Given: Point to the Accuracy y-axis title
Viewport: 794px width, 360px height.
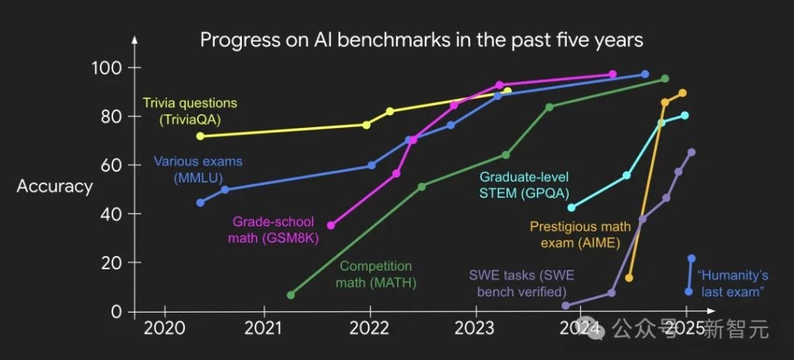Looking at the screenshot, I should point(54,186).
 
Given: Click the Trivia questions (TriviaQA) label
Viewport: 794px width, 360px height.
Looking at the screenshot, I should point(190,111).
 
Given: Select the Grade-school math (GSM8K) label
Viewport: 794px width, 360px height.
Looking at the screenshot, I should point(274,230).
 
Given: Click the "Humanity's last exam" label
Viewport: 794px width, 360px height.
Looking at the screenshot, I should point(733,282).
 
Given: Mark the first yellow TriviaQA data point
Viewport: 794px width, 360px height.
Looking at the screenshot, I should point(201,136).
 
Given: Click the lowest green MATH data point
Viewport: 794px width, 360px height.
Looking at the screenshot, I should point(291,295).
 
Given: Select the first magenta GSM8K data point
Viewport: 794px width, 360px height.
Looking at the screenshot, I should point(331,225).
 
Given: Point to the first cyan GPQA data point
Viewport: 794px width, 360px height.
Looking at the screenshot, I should point(571,207).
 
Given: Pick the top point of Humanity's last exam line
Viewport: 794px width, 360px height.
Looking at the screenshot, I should point(692,258).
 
